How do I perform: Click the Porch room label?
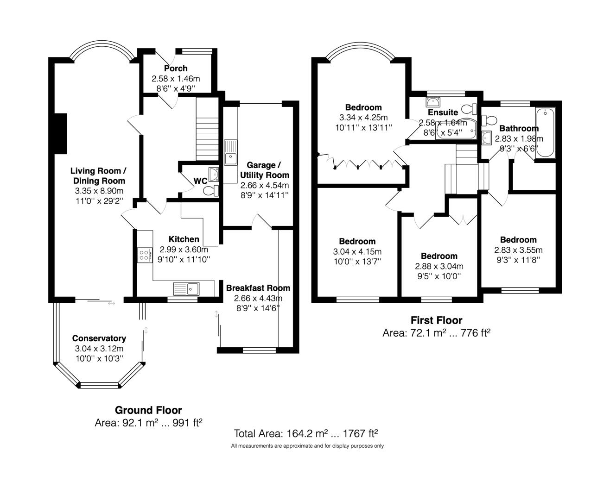[176, 69]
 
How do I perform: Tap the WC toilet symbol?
[211, 190]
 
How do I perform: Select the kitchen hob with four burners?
[145, 255]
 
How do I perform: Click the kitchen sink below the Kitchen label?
[186, 289]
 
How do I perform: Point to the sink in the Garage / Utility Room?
[230, 153]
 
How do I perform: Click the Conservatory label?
[99, 338]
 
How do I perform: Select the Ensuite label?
[443, 112]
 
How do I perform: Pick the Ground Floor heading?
[148, 410]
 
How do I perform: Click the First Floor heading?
[436, 320]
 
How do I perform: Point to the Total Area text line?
[305, 434]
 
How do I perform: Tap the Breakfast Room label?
[258, 288]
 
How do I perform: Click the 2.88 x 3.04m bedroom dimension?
[439, 266]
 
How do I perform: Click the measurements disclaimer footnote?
[307, 446]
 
